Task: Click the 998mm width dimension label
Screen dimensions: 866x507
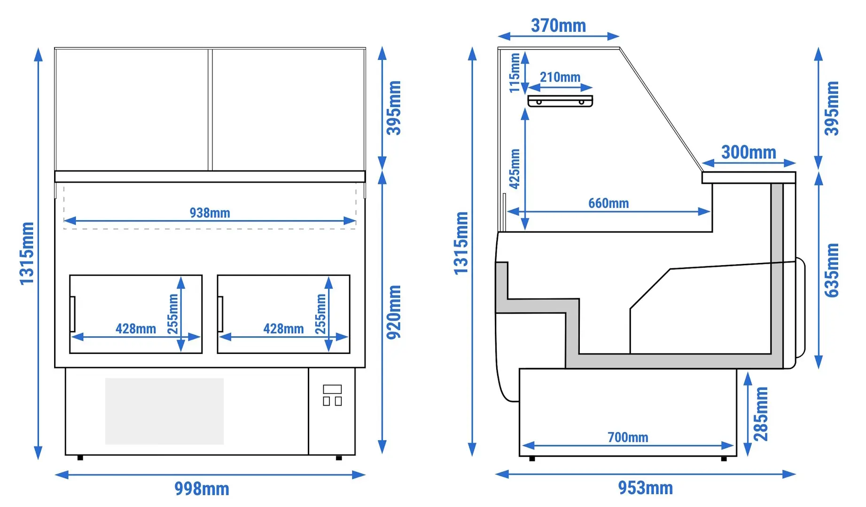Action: click(202, 489)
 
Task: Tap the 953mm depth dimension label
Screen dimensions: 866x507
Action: click(645, 488)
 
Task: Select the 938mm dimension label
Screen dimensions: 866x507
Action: click(210, 213)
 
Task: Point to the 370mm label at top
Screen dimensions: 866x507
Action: click(558, 25)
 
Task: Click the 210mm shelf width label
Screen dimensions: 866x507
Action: click(560, 77)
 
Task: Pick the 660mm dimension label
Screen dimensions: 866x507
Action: click(609, 203)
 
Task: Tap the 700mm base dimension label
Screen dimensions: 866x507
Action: click(628, 437)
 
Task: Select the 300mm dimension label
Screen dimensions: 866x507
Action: click(749, 152)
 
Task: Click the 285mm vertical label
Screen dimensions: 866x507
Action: click(761, 414)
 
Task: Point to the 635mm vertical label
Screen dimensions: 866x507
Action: click(832, 270)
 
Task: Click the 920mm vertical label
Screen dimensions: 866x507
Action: click(394, 312)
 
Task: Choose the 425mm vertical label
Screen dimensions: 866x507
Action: click(515, 169)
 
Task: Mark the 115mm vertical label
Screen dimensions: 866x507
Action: click(515, 73)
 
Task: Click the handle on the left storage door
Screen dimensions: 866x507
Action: click(72, 314)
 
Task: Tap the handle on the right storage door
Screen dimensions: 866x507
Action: click(220, 314)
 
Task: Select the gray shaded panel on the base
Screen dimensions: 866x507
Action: click(164, 411)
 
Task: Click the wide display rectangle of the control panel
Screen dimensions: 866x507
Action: click(332, 389)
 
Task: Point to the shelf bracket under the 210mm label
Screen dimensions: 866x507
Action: click(560, 101)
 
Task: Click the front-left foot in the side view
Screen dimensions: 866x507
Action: click(532, 459)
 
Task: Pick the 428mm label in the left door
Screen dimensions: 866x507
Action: click(136, 329)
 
